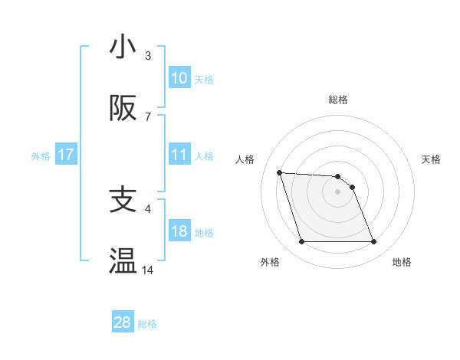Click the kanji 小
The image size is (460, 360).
123,47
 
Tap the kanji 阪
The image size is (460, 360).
123,110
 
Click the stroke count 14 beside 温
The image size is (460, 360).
148,270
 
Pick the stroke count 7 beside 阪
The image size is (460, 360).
148,117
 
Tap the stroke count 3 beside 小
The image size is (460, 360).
148,55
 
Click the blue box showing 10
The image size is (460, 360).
179,78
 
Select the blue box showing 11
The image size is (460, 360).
179,155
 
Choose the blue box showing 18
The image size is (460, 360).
179,232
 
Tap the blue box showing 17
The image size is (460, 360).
66,155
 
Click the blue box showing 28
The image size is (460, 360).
123,322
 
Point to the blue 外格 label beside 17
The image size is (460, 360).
41,155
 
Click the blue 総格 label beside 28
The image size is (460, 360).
147,323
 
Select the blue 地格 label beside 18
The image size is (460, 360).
204,233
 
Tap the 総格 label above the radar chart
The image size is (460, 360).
337,100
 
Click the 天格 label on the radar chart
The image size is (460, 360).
431,159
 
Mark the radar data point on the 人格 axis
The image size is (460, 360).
280,172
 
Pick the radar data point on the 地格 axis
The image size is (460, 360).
373,242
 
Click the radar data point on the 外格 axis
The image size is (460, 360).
301,242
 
